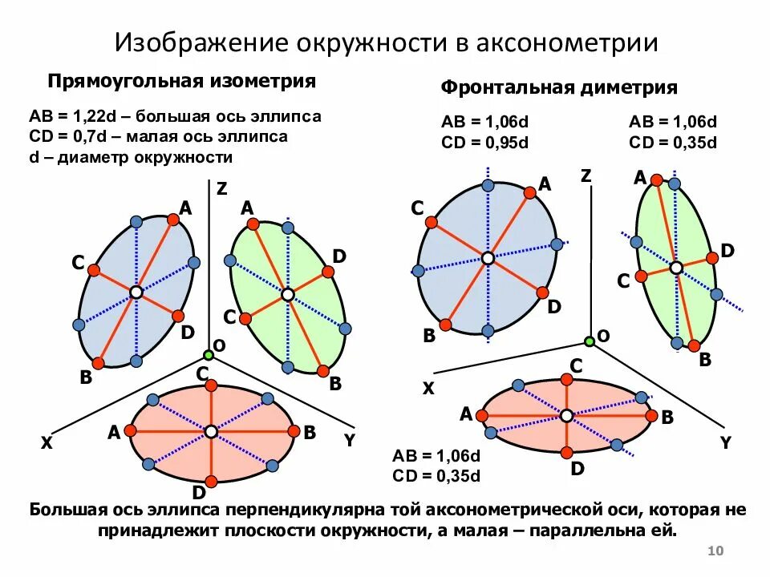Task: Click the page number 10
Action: click(x=717, y=551)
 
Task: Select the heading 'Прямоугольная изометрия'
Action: click(x=181, y=82)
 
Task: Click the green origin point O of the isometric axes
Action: click(x=209, y=354)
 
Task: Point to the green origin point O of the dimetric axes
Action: click(x=590, y=341)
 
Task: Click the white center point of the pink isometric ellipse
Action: click(x=210, y=432)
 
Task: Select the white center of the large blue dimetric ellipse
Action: click(x=488, y=257)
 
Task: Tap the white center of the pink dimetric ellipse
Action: click(x=566, y=415)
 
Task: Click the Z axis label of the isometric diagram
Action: click(x=221, y=189)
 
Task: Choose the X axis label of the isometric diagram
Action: click(x=47, y=442)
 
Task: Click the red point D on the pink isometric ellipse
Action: click(x=211, y=482)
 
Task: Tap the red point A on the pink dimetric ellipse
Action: click(x=481, y=415)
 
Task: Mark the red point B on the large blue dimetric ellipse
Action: click(x=446, y=324)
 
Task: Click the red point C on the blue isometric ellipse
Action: click(x=93, y=269)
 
